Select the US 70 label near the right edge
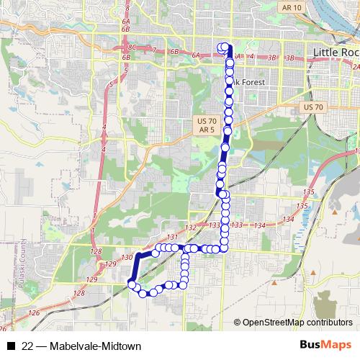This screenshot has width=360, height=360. (315, 107)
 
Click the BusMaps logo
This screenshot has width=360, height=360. (325, 345)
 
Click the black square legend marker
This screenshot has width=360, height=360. (10, 346)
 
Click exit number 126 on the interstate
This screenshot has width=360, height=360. (35, 313)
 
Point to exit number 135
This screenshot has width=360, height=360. (310, 192)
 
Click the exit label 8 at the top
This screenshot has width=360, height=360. (127, 8)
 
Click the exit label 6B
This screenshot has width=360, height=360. (174, 53)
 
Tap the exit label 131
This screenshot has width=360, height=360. (171, 237)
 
